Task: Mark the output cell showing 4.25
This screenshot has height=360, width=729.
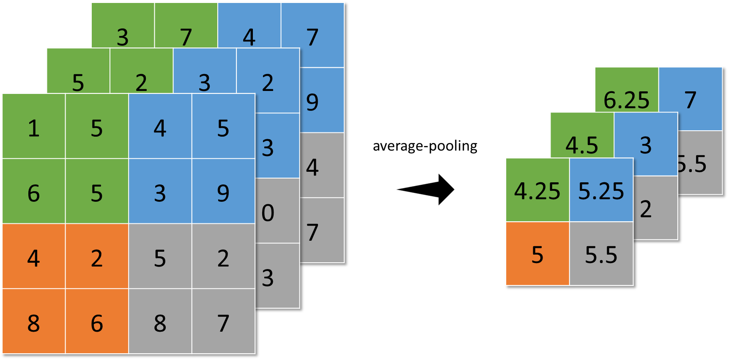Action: pos(537,190)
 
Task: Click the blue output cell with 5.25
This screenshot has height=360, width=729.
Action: pos(601,190)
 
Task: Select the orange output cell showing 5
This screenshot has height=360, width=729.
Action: pos(537,254)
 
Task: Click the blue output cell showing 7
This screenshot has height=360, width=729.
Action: pos(691,99)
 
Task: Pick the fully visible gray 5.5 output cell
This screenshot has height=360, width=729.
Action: pos(601,254)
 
